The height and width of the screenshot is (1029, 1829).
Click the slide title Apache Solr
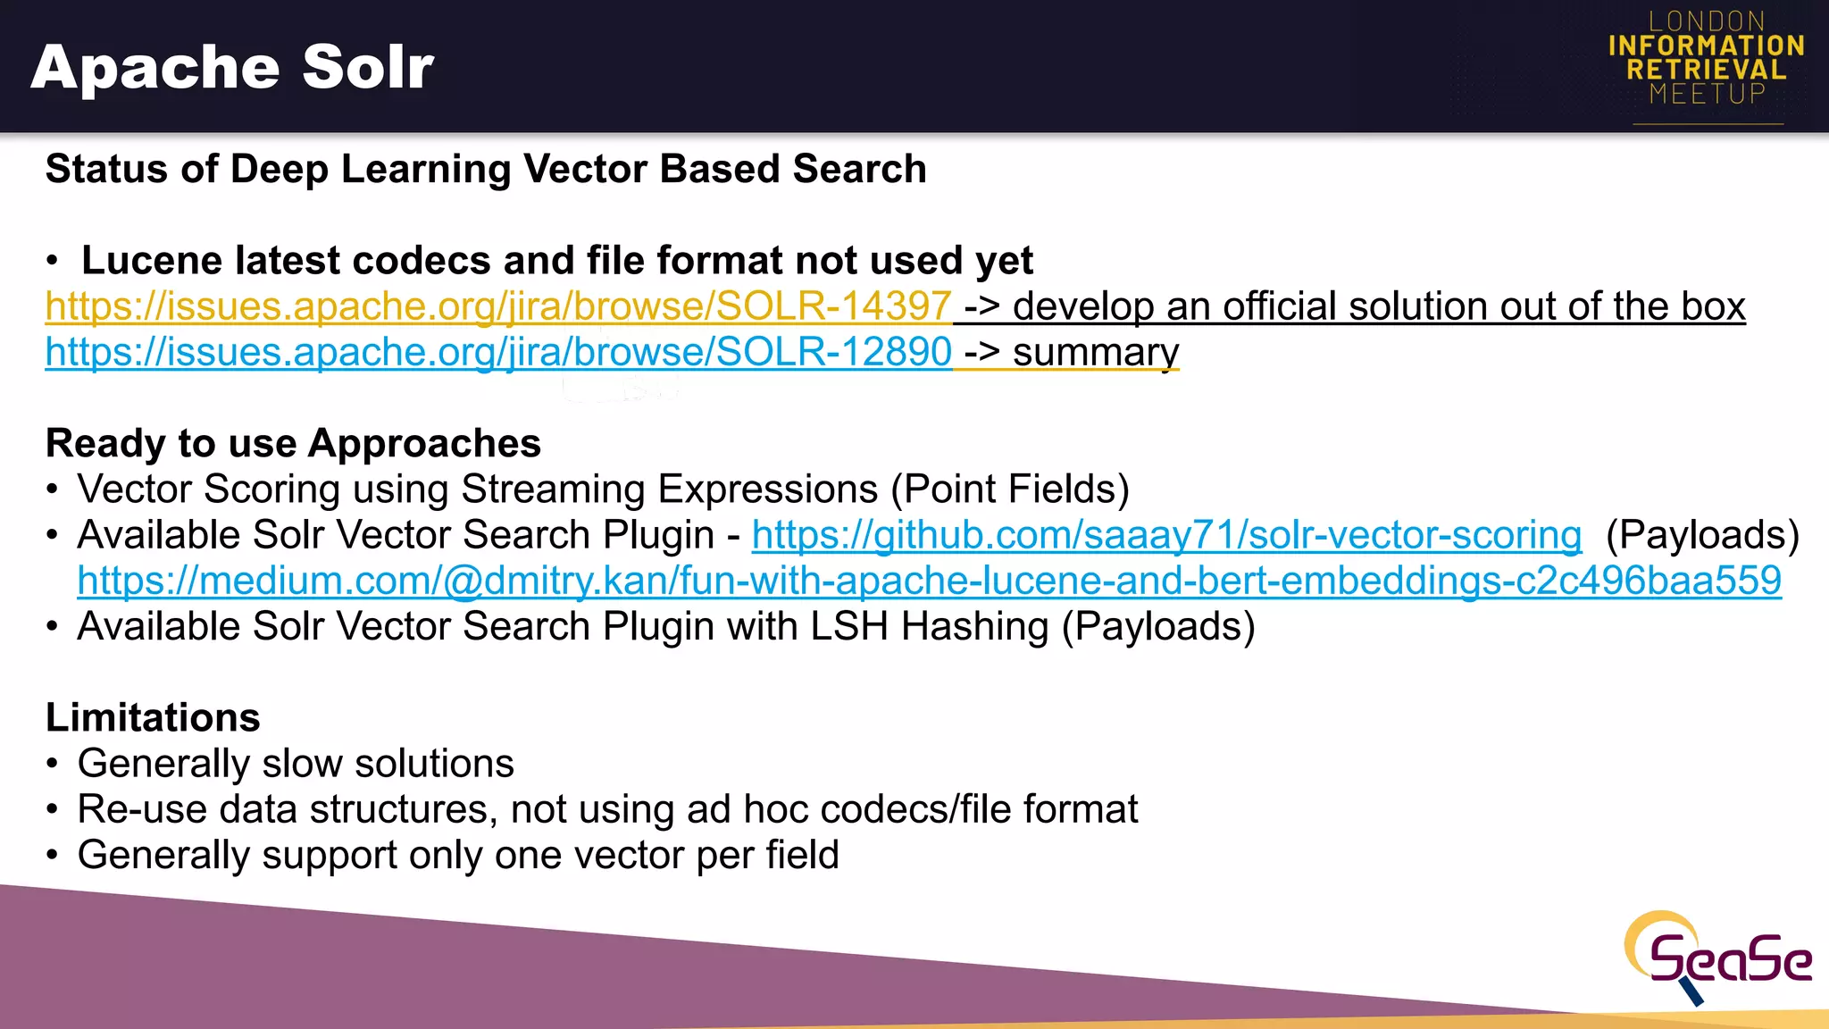[232, 68]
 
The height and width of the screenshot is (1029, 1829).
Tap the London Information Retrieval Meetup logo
[1706, 59]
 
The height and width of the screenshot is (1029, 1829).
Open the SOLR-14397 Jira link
[498, 306]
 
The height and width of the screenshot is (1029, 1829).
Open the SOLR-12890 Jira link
[498, 352]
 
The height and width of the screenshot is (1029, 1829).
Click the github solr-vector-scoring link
[1166, 535]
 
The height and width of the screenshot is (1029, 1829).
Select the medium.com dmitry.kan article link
[929, 581]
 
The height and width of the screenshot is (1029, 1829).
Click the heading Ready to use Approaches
[293, 443]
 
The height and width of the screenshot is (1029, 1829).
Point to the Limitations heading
[153, 717]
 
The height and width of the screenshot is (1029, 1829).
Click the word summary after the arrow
[1096, 352]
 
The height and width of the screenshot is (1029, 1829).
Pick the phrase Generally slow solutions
[296, 764]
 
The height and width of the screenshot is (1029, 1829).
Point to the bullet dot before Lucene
[53, 262]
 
